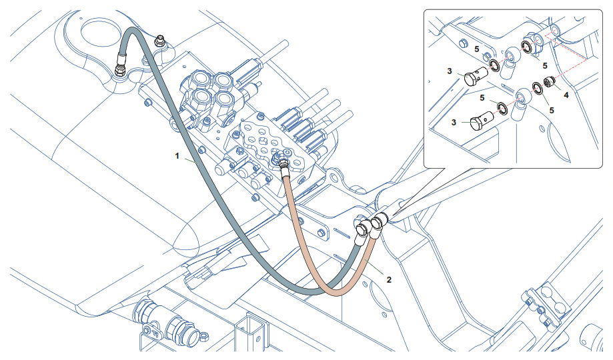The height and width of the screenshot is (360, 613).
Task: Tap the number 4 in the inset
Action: pos(566,95)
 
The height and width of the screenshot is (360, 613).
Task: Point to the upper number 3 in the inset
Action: pos(450,71)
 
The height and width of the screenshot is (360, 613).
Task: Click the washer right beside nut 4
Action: pos(537,87)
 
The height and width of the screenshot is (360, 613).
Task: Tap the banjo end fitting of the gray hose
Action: pos(362,229)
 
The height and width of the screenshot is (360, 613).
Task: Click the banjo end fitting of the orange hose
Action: pos(378,222)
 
